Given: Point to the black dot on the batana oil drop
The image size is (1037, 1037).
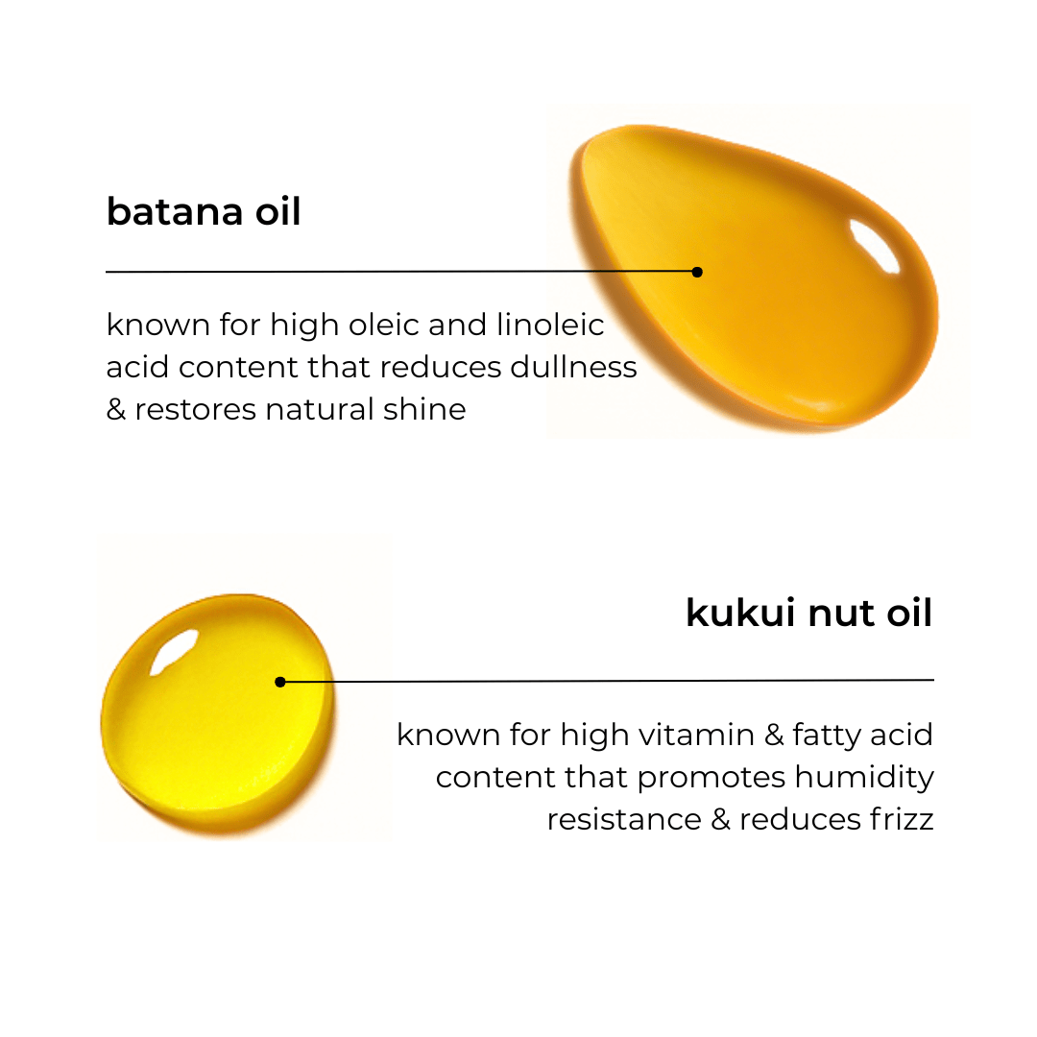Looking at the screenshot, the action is coord(697,272).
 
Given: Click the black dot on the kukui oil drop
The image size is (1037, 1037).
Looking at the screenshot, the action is coord(280,682).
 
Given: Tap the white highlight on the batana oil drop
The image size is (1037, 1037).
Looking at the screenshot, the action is coord(873,246).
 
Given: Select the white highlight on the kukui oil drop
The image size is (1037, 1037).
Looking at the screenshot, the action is coord(174,651).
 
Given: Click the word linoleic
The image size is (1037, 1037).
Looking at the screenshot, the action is coord(550,325).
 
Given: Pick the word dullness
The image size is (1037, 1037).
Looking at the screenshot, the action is coord(573,367).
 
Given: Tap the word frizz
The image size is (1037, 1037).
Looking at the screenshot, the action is coord(902,819).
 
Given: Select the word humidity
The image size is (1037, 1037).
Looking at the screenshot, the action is coord(864,778).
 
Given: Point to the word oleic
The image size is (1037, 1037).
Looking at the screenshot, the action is coord(384,325).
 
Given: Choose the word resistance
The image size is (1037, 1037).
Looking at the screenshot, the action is coord(624,820).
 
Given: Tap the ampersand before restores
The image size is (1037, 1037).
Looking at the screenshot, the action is coord(116,409).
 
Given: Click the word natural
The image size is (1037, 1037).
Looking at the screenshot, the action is coord(319,409).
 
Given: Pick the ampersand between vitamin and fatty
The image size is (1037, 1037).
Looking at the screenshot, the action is coord(774,735).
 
